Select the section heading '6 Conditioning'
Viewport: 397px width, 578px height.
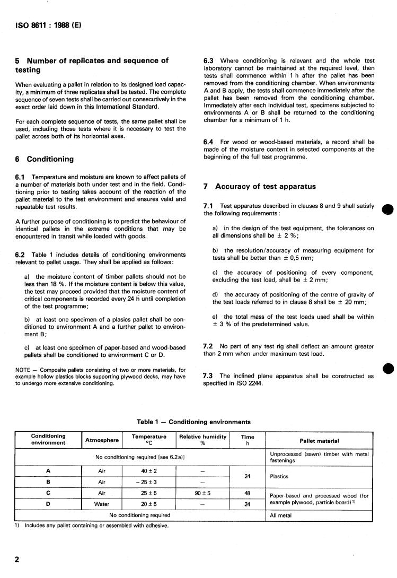click(x=45, y=159)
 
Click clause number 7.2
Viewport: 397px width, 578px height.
click(x=209, y=346)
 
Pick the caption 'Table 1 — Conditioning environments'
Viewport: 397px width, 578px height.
click(x=193, y=422)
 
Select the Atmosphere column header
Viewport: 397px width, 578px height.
click(x=102, y=440)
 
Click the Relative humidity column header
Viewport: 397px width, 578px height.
click(x=202, y=440)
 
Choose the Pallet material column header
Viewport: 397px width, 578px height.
click(x=319, y=441)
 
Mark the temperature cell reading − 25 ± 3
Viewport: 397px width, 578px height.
click(x=149, y=483)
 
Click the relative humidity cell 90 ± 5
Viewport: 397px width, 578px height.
click(x=202, y=493)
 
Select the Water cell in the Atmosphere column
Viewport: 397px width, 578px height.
click(x=102, y=504)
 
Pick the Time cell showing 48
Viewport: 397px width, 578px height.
click(x=247, y=493)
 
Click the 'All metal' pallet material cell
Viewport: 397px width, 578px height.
click(x=281, y=515)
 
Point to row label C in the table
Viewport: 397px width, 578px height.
click(x=48, y=493)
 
